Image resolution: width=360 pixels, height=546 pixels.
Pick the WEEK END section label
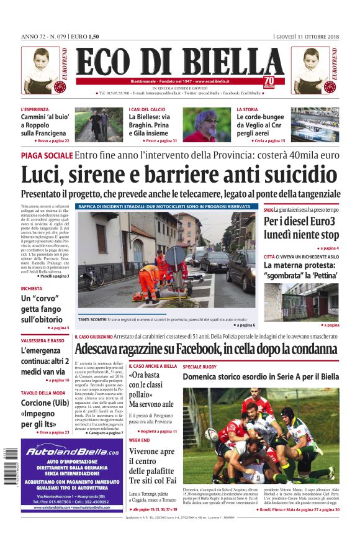coord(139,440)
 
